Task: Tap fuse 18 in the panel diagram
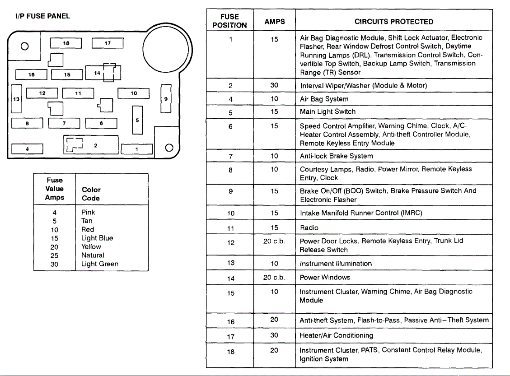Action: click(66, 43)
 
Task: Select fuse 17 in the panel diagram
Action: click(108, 43)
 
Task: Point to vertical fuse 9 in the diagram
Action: click(166, 98)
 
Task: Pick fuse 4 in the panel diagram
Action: click(27, 149)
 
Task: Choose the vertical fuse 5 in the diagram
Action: click(137, 120)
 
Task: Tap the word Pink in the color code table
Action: click(88, 212)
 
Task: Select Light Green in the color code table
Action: click(99, 264)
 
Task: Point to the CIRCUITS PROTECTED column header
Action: click(393, 21)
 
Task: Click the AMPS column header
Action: click(274, 21)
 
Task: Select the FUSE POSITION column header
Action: click(229, 21)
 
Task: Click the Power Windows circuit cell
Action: click(325, 277)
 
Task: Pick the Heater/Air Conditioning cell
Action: click(336, 335)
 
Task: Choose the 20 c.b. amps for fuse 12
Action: click(274, 241)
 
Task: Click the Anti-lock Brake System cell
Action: click(336, 156)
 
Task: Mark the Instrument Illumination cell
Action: click(336, 263)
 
